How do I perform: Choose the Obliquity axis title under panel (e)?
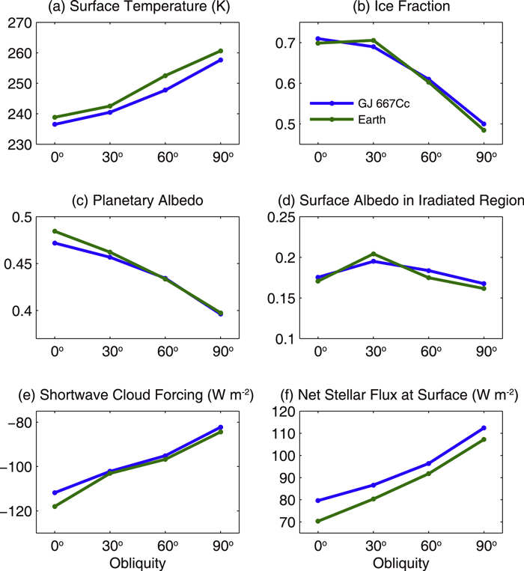point(138,562)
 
